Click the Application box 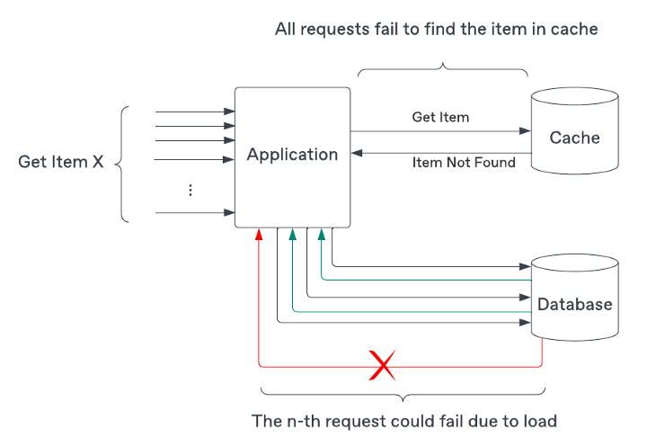292,155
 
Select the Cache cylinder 574,138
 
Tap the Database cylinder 574,304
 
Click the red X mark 384,365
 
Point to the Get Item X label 61,163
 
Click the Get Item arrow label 440,117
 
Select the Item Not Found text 464,163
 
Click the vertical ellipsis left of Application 191,190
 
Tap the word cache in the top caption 575,30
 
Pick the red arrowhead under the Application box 259,234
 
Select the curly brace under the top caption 443,68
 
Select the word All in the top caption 287,30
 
